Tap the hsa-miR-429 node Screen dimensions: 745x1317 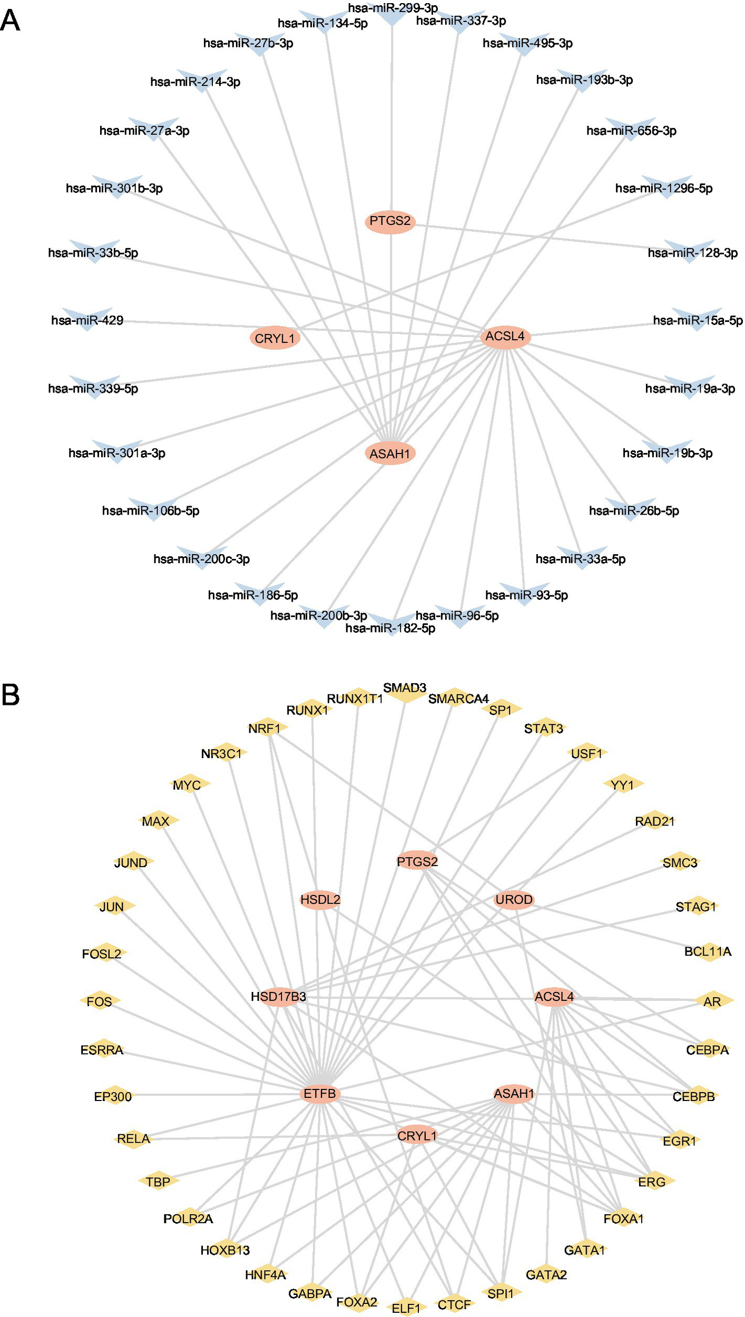click(87, 320)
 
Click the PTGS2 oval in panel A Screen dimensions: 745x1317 click(390, 221)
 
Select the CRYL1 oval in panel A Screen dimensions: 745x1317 click(275, 338)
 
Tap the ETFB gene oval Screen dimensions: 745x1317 click(320, 1094)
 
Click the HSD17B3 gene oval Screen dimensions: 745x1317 click(279, 996)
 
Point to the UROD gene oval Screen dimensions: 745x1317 click(514, 900)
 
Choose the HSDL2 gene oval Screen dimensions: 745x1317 click(320, 900)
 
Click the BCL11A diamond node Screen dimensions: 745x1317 click(708, 952)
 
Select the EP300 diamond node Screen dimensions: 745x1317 click(113, 1096)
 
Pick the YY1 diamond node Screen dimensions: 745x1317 click(623, 785)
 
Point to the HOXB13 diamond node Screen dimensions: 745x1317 click(226, 1250)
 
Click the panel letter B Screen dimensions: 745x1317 click(11, 695)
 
